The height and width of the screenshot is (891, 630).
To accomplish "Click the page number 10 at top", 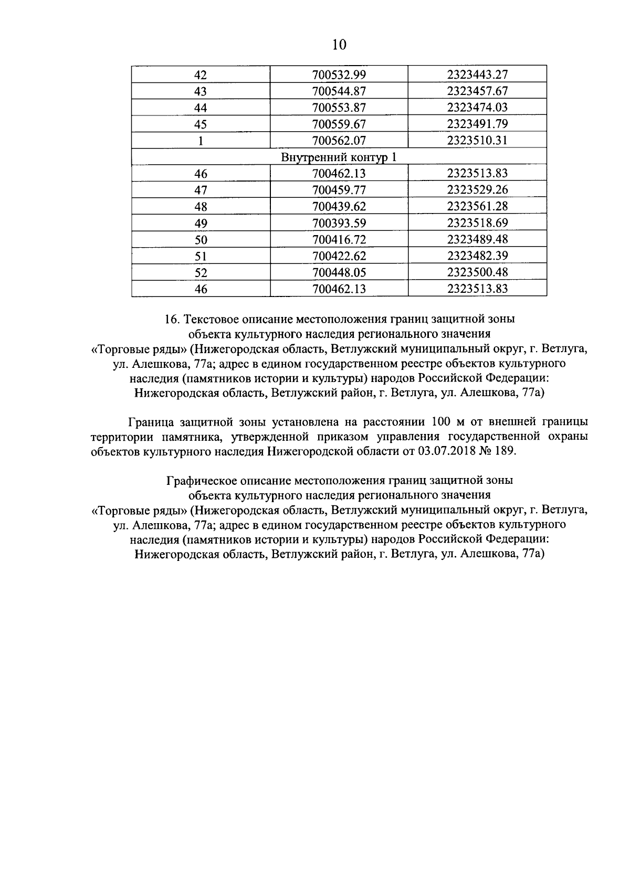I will click(339, 45).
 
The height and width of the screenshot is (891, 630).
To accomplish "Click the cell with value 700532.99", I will click(339, 75).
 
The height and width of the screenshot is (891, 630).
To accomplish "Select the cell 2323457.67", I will click(477, 91).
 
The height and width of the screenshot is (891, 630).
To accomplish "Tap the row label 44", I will click(201, 108).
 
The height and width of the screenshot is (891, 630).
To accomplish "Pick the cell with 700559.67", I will click(339, 124).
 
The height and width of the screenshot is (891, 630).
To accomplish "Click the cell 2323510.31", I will click(477, 141).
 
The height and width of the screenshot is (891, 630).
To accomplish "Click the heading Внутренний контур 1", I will click(339, 157).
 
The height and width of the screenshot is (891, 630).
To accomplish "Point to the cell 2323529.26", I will click(477, 190).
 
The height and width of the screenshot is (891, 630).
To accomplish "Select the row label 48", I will click(201, 207).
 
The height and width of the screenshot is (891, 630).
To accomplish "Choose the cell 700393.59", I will click(339, 223).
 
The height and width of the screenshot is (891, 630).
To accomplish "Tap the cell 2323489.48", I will click(477, 239).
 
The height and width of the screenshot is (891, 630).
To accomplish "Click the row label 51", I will click(201, 256).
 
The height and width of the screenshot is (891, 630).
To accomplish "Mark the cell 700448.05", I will click(339, 272).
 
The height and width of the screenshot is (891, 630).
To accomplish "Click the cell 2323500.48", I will click(477, 272).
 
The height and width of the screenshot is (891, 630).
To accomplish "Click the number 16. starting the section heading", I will click(172, 319).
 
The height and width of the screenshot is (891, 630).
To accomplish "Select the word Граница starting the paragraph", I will click(151, 422).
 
